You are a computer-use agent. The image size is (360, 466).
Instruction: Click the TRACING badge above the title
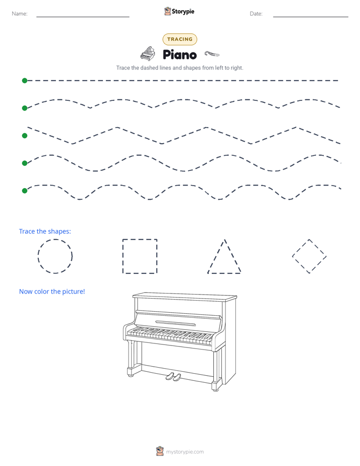(179, 39)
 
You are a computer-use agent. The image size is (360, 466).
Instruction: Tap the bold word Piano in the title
(179, 54)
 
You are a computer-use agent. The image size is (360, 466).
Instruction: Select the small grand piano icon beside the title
(148, 54)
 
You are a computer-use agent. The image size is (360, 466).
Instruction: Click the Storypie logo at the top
(179, 11)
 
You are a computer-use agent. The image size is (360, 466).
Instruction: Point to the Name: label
(20, 14)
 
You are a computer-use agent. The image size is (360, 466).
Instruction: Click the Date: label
(256, 14)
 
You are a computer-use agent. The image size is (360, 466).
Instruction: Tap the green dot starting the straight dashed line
(25, 81)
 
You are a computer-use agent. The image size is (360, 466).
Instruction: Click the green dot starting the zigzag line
(25, 136)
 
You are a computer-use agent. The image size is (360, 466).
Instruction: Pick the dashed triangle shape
(216, 256)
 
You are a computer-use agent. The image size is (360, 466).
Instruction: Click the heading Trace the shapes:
(45, 231)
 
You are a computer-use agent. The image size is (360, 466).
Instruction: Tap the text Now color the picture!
(52, 292)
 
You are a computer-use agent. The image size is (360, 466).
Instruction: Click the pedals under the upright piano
(173, 377)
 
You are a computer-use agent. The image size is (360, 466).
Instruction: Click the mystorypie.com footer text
(185, 452)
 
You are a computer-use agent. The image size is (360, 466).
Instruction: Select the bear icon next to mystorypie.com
(160, 451)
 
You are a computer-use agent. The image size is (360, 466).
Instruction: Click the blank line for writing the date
(311, 17)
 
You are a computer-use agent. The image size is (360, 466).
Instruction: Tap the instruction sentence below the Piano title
(179, 68)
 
